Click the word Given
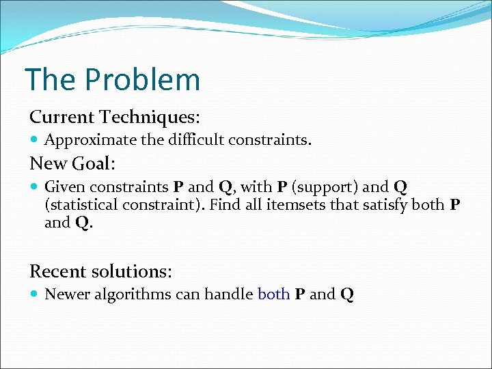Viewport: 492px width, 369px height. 65,187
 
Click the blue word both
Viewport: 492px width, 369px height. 273,295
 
